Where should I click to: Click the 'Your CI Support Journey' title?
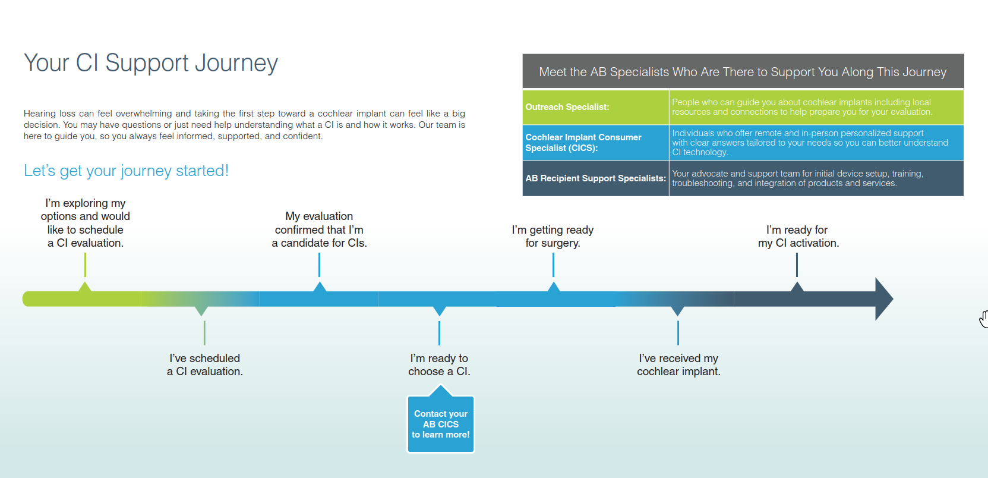click(x=151, y=63)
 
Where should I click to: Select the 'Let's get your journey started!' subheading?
click(x=126, y=171)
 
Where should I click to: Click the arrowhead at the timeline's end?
click(x=883, y=299)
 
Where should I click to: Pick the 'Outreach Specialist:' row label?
click(x=567, y=107)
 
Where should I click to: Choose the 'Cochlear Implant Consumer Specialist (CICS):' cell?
click(x=583, y=143)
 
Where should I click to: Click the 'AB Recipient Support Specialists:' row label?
click(x=595, y=178)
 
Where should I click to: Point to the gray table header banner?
click(x=743, y=72)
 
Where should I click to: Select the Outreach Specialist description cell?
click(x=816, y=107)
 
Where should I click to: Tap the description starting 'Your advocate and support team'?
click(x=816, y=178)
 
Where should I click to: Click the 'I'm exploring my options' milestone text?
click(x=86, y=223)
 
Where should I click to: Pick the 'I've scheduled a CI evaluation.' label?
click(x=205, y=364)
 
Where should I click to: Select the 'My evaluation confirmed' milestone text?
click(x=319, y=229)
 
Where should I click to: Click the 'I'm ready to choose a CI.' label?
click(x=439, y=364)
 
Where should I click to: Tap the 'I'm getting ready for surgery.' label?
click(x=553, y=236)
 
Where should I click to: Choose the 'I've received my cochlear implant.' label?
click(x=678, y=364)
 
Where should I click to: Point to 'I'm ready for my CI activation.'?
click(x=797, y=236)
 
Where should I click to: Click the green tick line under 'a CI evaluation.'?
click(x=85, y=265)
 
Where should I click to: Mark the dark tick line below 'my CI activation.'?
click(x=797, y=265)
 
